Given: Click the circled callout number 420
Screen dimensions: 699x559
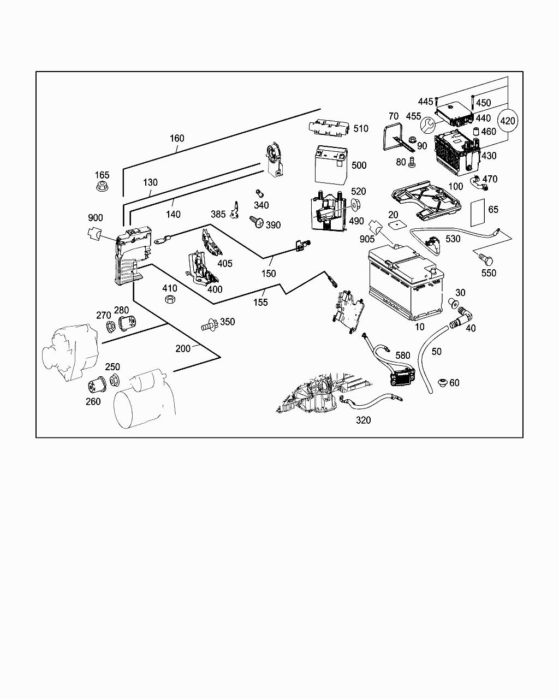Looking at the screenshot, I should pos(508,121).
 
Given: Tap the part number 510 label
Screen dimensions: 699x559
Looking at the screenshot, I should pos(361,129).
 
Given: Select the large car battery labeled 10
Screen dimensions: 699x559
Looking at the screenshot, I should pos(407,284).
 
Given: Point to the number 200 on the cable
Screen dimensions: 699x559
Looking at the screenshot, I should pos(183,348).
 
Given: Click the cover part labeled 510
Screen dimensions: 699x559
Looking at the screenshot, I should pos(329,128).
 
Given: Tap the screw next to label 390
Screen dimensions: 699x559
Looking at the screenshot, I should pos(256,221).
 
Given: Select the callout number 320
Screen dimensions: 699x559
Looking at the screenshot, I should pos(363,420).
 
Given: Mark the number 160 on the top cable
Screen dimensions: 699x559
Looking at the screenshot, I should pos(177,138).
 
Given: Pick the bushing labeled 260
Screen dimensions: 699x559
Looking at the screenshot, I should pos(98,386).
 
